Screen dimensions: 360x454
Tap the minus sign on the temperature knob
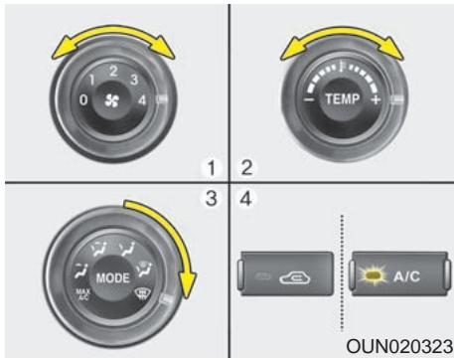click(x=309, y=101)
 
